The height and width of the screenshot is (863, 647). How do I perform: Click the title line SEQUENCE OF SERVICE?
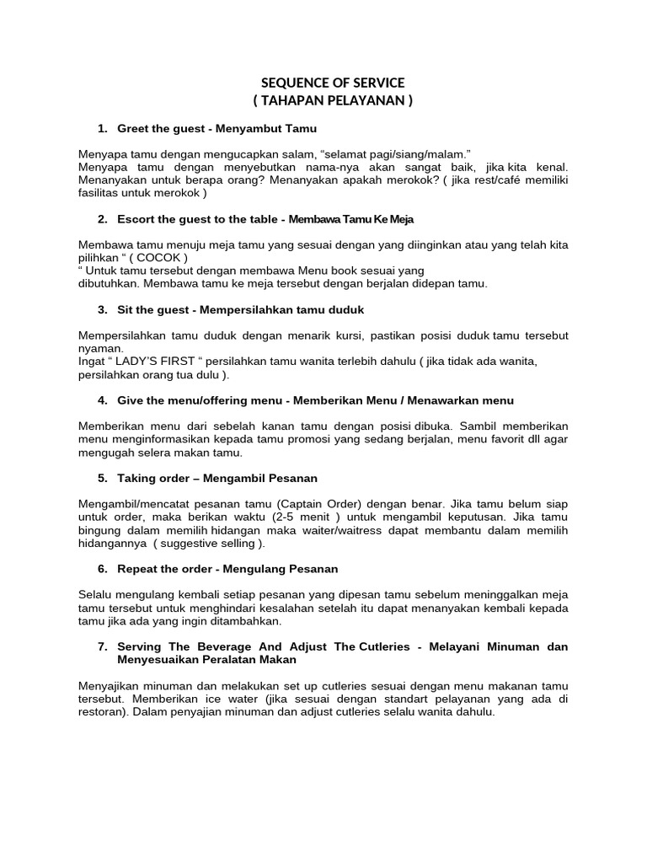(333, 83)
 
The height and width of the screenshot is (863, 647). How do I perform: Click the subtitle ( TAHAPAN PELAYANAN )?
(333, 101)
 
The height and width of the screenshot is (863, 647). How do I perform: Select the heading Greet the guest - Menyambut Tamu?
(216, 128)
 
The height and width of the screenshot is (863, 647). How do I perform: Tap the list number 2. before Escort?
(102, 219)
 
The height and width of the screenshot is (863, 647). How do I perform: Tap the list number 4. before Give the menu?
(102, 400)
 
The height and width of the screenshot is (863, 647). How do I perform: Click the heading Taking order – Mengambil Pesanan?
(217, 478)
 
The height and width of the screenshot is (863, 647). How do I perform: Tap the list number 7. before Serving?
(102, 646)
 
